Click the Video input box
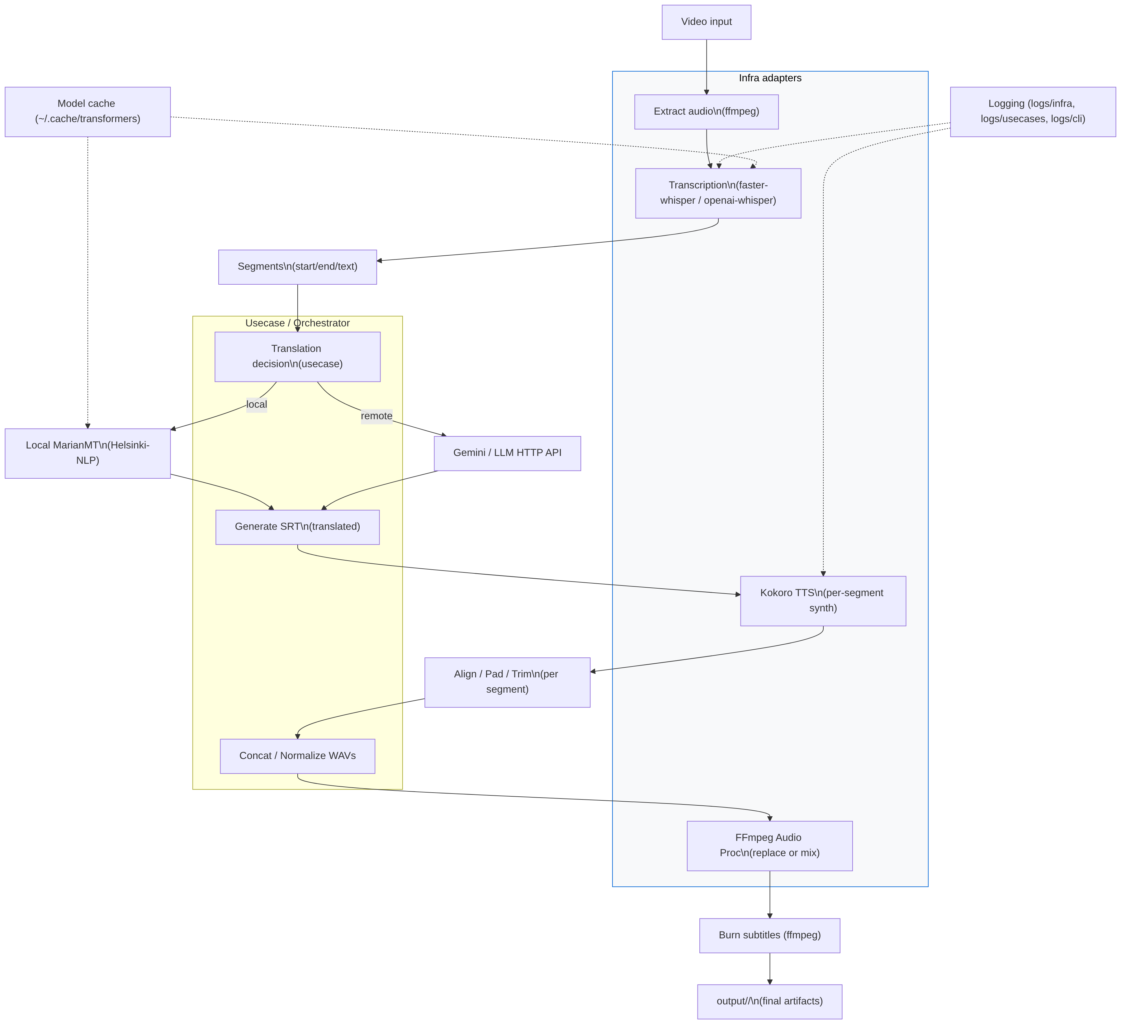pyautogui.click(x=706, y=22)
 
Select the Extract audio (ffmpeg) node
pyautogui.click(x=706, y=112)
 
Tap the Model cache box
pyautogui.click(x=87, y=112)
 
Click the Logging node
pyautogui.click(x=1033, y=112)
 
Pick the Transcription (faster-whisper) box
pyautogui.click(x=718, y=193)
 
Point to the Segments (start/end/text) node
pyautogui.click(x=297, y=267)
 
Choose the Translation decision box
pyautogui.click(x=297, y=357)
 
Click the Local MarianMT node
pyautogui.click(x=87, y=453)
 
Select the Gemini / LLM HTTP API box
pyautogui.click(x=507, y=453)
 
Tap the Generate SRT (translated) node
pyautogui.click(x=297, y=527)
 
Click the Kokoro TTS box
pyautogui.click(x=823, y=601)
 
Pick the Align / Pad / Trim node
pyautogui.click(x=507, y=682)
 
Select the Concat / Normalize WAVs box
pyautogui.click(x=297, y=756)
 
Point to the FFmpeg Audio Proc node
pyautogui.click(x=769, y=846)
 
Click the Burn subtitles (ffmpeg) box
pyautogui.click(x=769, y=936)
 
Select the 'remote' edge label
pyautogui.click(x=376, y=416)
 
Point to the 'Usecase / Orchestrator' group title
pyautogui.click(x=297, y=324)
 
